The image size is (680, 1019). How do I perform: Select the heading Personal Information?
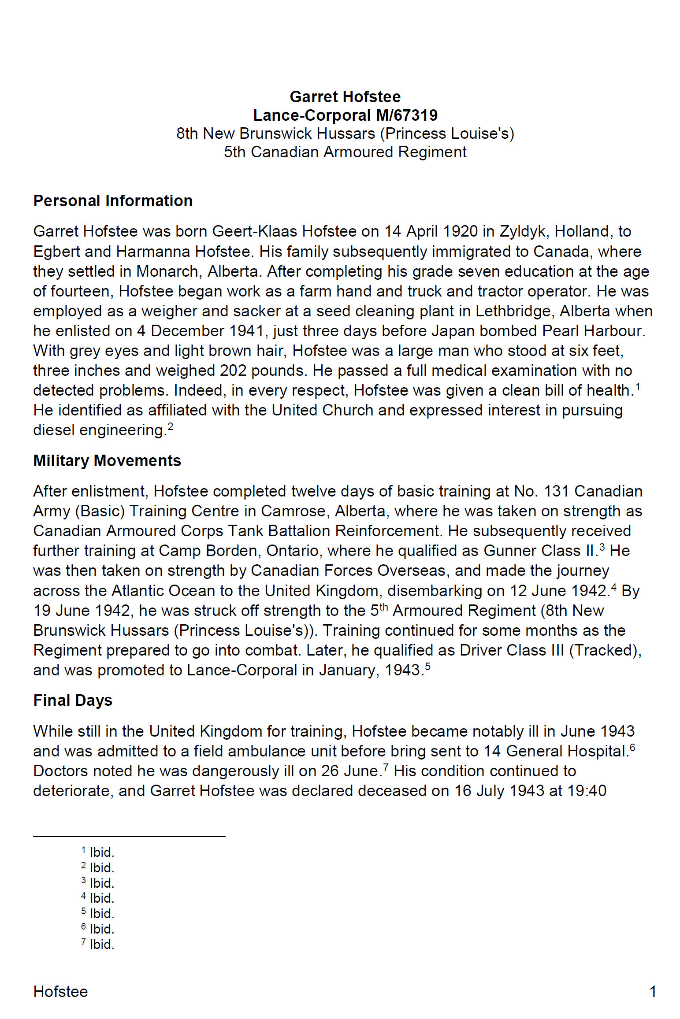[113, 201]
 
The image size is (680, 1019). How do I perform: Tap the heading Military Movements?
[107, 461]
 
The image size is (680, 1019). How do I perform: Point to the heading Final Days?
[73, 700]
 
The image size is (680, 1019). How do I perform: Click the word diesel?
[54, 430]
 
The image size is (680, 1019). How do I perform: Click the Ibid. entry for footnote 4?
[102, 898]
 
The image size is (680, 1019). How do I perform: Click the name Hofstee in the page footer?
[60, 992]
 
